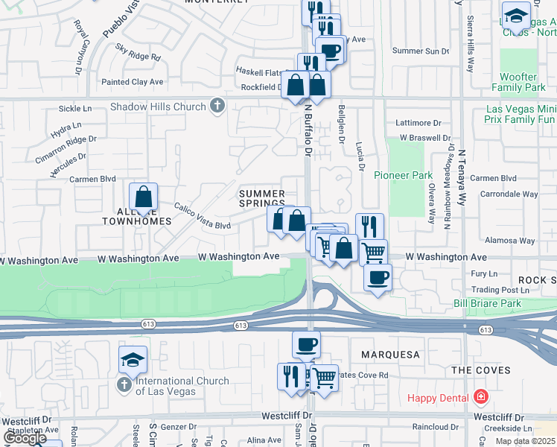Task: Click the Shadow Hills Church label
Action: click(x=157, y=107)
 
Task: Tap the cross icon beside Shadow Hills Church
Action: click(x=217, y=106)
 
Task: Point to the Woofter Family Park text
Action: click(x=529, y=82)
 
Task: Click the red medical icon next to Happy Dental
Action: click(x=481, y=397)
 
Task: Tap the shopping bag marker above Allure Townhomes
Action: click(x=143, y=198)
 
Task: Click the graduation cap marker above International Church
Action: click(x=133, y=361)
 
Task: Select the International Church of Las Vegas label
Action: click(x=182, y=386)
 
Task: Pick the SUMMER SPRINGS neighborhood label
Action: click(x=262, y=198)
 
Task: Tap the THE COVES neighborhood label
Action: click(x=481, y=370)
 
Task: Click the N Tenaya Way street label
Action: click(x=462, y=172)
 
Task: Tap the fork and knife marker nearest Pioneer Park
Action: click(x=369, y=226)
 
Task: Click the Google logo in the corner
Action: click(x=25, y=437)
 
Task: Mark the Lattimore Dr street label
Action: click(x=419, y=123)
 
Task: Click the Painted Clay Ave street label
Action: click(x=133, y=81)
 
